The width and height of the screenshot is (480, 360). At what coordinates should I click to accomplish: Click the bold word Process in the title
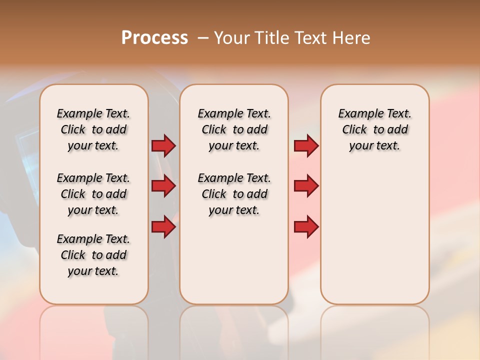(x=154, y=38)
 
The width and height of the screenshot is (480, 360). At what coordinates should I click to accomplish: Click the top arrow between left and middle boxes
(x=163, y=146)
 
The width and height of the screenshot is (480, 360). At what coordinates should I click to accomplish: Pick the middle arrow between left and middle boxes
(x=163, y=186)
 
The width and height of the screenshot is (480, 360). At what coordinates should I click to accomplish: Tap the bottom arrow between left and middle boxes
(x=163, y=226)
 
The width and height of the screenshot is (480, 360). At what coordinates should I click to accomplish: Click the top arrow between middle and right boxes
(x=306, y=146)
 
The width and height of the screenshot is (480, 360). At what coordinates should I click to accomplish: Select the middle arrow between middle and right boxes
(x=306, y=186)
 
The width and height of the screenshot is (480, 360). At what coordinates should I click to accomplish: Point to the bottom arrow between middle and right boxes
(x=306, y=226)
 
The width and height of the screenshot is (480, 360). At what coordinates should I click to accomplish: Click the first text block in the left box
(x=93, y=129)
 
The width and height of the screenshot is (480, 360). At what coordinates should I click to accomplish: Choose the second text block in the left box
(x=93, y=194)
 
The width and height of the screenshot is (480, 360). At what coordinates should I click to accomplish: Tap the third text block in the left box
(x=93, y=255)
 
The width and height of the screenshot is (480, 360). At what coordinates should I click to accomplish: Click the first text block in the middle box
(x=234, y=129)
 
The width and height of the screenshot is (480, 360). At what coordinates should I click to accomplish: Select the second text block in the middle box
(x=234, y=194)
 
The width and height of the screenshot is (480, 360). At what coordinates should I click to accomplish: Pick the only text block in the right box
(x=374, y=129)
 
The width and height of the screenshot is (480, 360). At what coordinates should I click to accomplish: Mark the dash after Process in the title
(x=203, y=38)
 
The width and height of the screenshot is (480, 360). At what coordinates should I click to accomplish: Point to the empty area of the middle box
(x=234, y=260)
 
